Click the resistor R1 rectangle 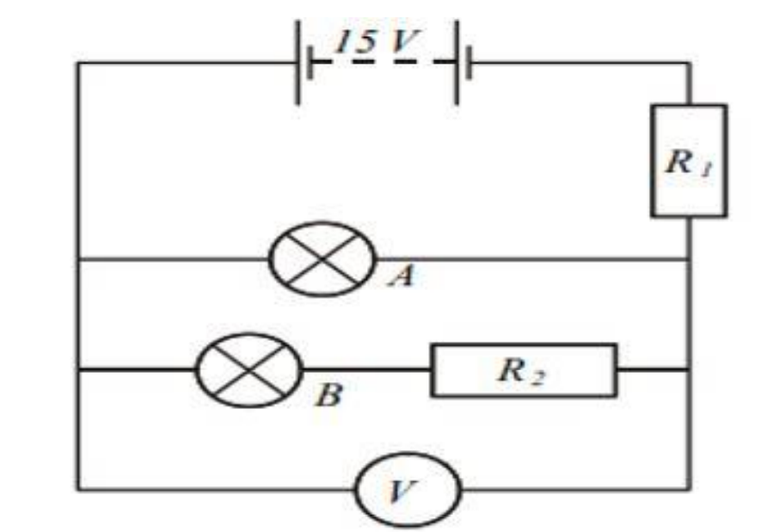[x=688, y=160]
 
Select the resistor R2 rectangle [x=524, y=370]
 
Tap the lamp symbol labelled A [x=322, y=258]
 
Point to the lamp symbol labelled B [x=250, y=370]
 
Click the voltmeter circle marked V [x=408, y=489]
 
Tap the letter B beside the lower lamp [x=328, y=395]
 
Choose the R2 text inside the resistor [x=520, y=371]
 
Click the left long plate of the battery [x=298, y=62]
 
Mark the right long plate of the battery [x=456, y=62]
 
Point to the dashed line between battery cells [x=378, y=62]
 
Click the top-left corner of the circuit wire [x=78, y=63]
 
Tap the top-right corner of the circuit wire [x=689, y=63]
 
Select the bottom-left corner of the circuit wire [x=78, y=489]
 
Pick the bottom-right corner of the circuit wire [x=689, y=489]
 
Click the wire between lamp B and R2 [x=366, y=370]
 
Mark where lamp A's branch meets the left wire [x=78, y=258]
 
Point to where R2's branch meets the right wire [x=689, y=370]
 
